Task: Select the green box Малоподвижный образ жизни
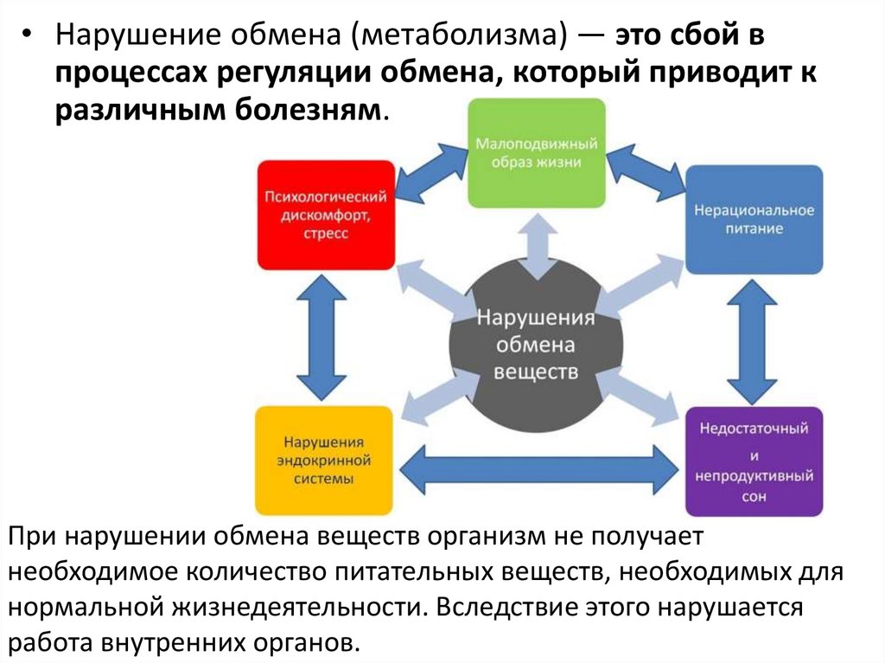click(x=537, y=153)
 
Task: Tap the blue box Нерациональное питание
click(x=754, y=220)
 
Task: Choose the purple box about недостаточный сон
click(x=754, y=462)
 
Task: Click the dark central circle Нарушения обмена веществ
click(x=536, y=344)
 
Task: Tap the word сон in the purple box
click(x=753, y=497)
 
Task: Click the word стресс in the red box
click(x=326, y=234)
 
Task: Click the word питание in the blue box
click(x=754, y=229)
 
